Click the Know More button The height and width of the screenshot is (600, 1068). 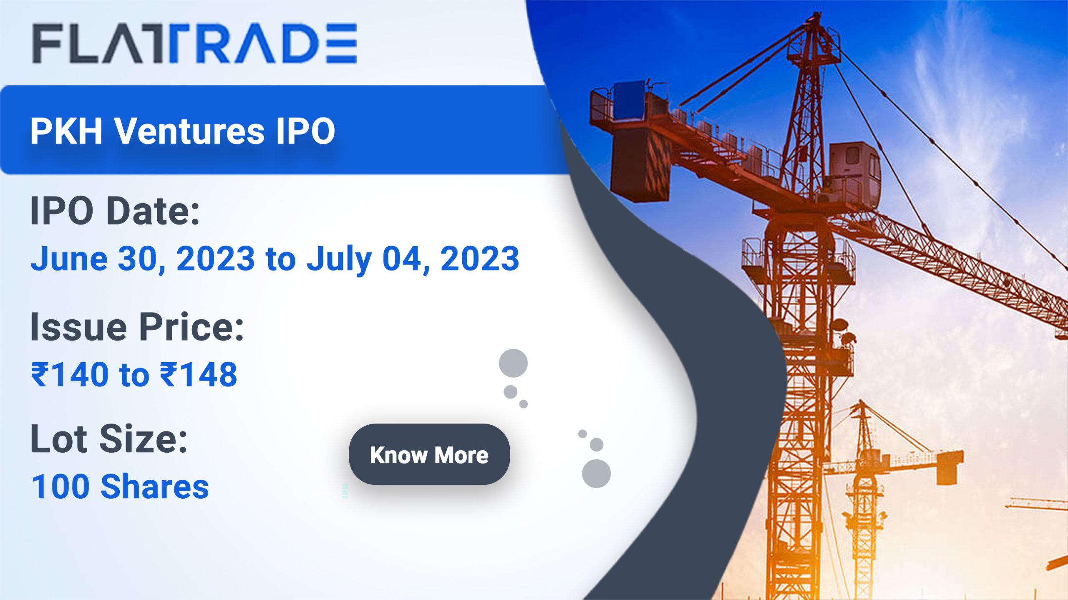(x=429, y=454)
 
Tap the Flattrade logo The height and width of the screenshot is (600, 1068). (x=194, y=43)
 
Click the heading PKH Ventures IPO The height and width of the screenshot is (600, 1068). (x=183, y=131)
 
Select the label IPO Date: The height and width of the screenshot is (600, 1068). (x=115, y=211)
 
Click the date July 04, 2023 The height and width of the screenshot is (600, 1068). (x=413, y=259)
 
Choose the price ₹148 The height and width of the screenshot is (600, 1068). (x=199, y=374)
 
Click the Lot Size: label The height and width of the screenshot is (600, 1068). (x=109, y=439)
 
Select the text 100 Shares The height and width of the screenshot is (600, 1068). (x=120, y=487)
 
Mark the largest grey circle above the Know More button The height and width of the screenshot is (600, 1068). (x=513, y=363)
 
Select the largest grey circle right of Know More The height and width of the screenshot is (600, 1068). (x=596, y=474)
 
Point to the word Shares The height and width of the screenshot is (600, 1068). (x=155, y=487)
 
